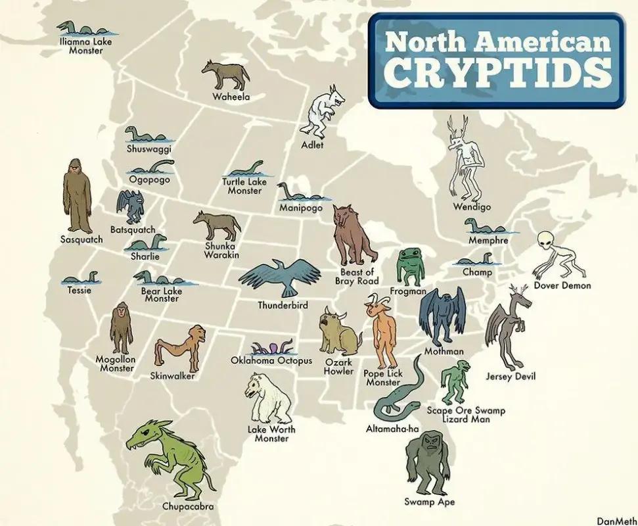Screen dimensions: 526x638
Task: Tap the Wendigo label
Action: click(472, 207)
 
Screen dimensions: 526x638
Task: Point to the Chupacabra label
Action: click(188, 506)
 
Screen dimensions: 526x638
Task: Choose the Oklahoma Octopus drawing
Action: click(271, 347)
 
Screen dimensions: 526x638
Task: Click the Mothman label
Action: click(443, 352)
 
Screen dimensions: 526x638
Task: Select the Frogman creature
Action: click(411, 266)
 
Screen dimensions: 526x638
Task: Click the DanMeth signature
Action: click(615, 520)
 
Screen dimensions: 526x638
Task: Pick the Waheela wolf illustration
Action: click(225, 76)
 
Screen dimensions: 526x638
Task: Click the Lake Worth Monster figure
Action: click(269, 398)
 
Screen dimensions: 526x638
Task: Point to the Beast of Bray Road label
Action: click(357, 277)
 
